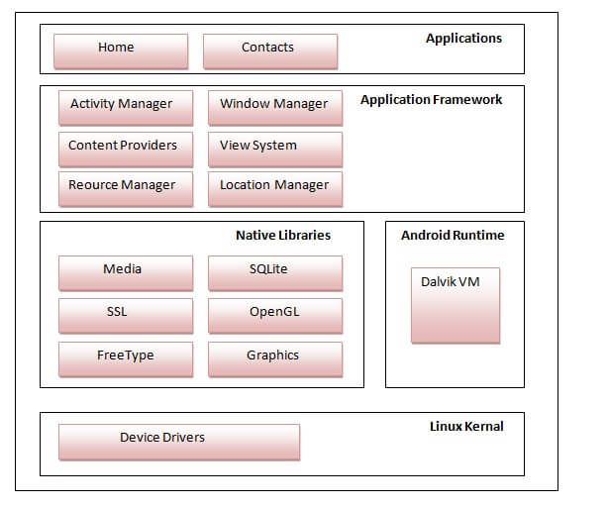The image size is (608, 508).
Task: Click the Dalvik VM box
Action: point(455,304)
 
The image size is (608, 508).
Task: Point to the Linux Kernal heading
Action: point(466,427)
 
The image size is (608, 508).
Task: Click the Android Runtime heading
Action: point(453,236)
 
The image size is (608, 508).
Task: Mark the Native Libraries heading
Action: point(283,236)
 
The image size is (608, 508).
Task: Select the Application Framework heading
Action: point(431,100)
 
